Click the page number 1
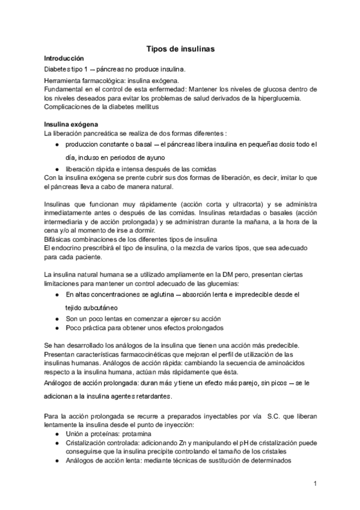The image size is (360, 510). coord(314,484)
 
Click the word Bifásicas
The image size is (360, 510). coord(59,239)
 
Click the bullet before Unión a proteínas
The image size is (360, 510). coord(56,433)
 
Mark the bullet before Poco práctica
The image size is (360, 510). coord(56,328)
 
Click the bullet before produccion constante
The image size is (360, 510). coord(56,145)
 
